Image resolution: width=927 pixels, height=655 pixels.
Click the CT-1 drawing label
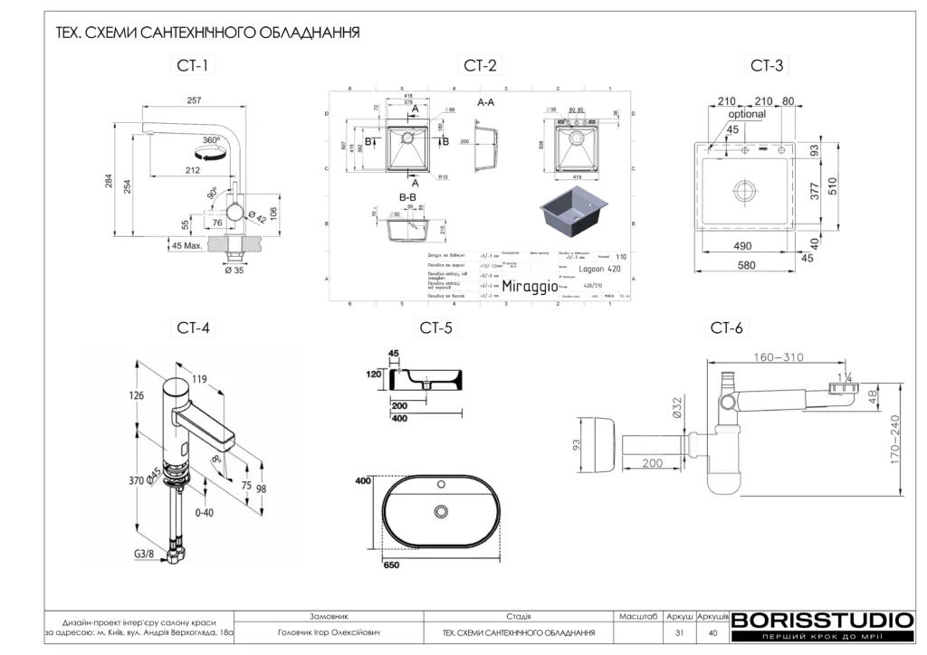tap(193, 65)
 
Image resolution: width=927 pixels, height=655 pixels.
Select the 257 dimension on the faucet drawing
tap(194, 100)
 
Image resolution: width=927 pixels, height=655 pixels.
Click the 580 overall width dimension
tap(745, 266)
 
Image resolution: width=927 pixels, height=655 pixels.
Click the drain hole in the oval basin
tap(442, 512)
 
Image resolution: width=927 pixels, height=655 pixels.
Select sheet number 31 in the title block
tap(679, 633)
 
